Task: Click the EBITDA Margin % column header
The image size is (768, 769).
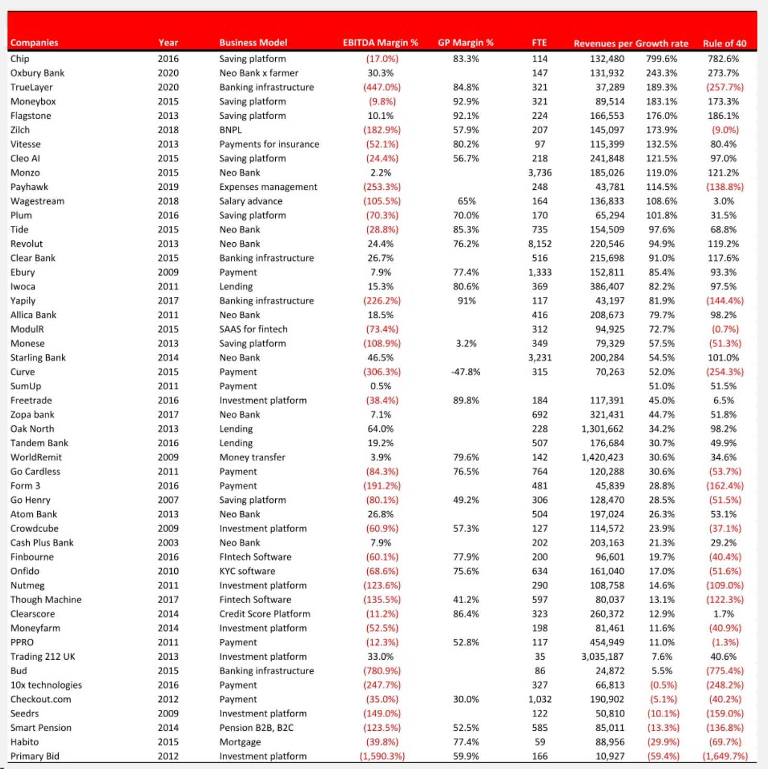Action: (380, 43)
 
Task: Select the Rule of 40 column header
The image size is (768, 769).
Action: (724, 43)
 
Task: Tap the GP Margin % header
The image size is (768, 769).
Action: (465, 43)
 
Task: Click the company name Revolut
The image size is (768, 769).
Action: (27, 244)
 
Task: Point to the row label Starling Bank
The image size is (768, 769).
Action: (38, 358)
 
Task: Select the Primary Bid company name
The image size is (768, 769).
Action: (35, 756)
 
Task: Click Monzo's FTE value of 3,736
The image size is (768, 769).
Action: (539, 173)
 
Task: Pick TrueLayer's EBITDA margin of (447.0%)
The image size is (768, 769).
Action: (382, 87)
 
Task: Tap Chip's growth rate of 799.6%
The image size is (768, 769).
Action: (661, 59)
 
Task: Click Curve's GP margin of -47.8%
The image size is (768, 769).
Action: (466, 372)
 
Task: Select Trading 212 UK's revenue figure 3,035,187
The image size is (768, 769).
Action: (602, 657)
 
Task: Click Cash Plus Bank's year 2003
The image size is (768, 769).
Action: (168, 542)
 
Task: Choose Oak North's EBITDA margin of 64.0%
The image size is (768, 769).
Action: (380, 429)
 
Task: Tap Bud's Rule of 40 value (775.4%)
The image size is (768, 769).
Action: (725, 671)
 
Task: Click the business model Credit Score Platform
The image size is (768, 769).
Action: (265, 614)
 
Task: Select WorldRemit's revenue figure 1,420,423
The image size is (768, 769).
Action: (602, 457)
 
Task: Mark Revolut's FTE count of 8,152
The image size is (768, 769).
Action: (539, 244)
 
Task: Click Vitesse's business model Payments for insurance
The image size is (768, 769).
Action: (269, 144)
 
